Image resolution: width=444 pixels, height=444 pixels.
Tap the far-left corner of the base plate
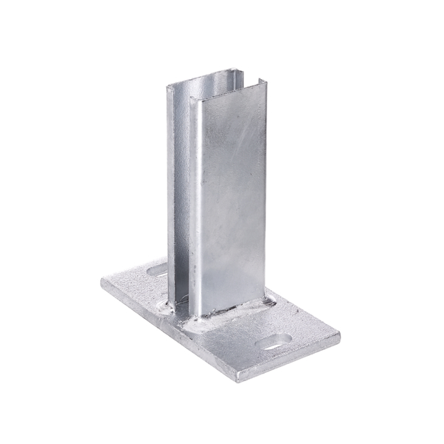point(101,281)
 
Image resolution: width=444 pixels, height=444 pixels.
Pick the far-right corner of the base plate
point(340,340)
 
